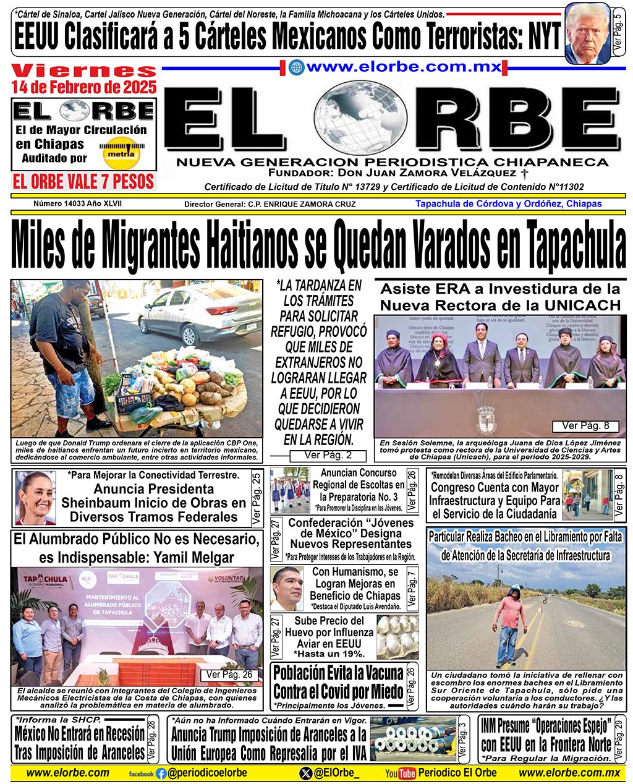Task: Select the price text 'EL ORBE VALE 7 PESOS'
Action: click(x=83, y=182)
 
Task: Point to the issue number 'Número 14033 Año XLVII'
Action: click(x=78, y=203)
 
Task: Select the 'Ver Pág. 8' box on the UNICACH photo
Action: click(x=585, y=426)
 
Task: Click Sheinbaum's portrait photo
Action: click(x=35, y=498)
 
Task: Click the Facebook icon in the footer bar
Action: click(x=161, y=773)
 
